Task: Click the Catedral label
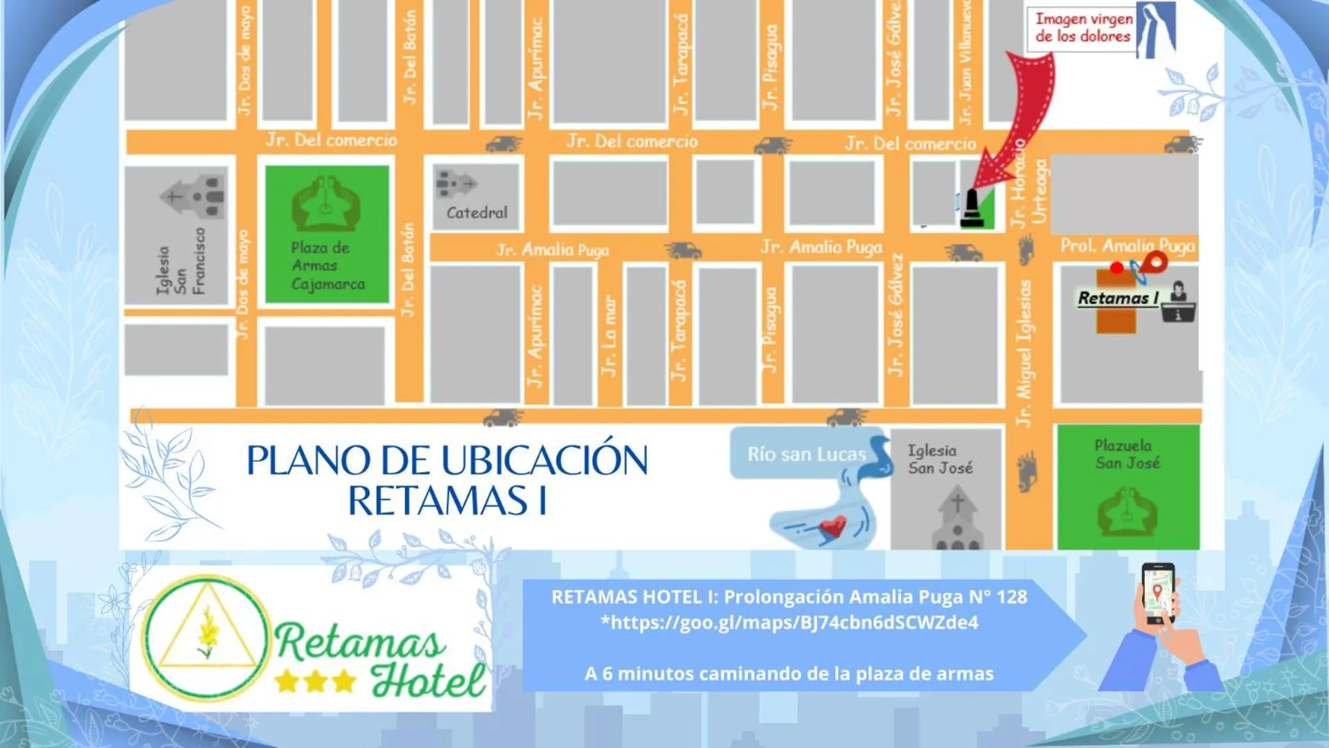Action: pyautogui.click(x=476, y=213)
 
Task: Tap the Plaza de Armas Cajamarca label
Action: pyautogui.click(x=327, y=266)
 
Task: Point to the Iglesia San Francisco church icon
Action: pyautogui.click(x=195, y=196)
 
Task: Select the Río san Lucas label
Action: pyautogui.click(x=806, y=454)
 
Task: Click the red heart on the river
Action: pyautogui.click(x=834, y=527)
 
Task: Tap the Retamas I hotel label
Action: pyautogui.click(x=1117, y=299)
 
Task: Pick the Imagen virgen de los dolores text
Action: pyautogui.click(x=1082, y=28)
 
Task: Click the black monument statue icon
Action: pyautogui.click(x=971, y=208)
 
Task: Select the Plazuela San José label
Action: pyautogui.click(x=1126, y=454)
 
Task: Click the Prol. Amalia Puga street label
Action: pyautogui.click(x=1127, y=246)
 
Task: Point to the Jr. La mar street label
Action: pyautogui.click(x=608, y=337)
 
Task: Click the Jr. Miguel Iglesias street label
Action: pyautogui.click(x=1024, y=353)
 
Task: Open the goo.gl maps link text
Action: pyautogui.click(x=789, y=623)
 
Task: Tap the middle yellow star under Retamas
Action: pyautogui.click(x=315, y=682)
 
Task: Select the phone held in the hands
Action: pyautogui.click(x=1157, y=593)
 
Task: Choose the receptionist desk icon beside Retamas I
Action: pyautogui.click(x=1179, y=303)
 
